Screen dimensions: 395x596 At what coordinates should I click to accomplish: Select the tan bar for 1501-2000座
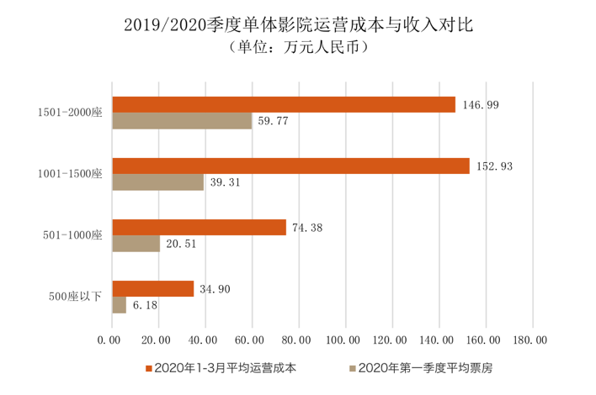point(182,121)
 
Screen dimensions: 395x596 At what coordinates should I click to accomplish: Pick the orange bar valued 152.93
point(290,166)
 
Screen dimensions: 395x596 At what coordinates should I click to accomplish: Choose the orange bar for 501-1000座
point(199,227)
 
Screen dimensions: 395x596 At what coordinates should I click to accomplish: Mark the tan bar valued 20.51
point(136,244)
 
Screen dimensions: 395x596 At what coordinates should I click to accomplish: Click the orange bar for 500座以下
point(153,288)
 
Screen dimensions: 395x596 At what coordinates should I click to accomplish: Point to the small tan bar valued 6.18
point(120,305)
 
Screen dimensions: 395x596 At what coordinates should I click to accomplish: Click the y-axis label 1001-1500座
point(71,174)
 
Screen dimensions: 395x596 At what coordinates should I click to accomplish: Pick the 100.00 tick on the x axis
point(345,340)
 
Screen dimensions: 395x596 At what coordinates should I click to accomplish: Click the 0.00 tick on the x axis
point(112,340)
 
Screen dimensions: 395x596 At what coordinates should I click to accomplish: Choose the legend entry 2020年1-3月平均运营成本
point(221,367)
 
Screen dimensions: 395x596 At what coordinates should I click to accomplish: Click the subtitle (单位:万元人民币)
point(298,48)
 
